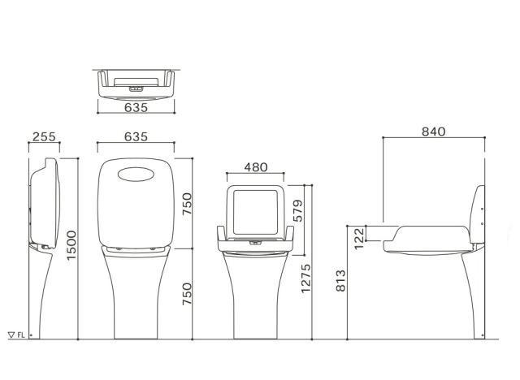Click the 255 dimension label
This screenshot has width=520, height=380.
point(44,136)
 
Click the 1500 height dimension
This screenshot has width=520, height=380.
point(71,245)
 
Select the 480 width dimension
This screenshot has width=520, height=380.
point(256,167)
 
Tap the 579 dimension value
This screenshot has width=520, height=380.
point(298,210)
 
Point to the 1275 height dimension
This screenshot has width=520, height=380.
point(305,279)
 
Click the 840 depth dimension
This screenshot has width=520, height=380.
point(433,132)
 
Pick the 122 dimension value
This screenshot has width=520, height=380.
point(359,238)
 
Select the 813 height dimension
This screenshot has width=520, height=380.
point(340,281)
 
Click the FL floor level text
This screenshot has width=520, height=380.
point(21,335)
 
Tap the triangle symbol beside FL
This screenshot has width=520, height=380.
point(11,335)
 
